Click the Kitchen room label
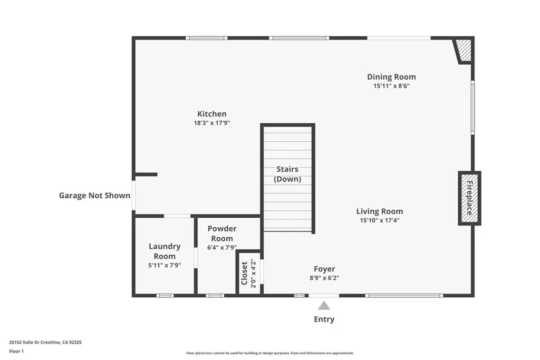click(x=211, y=114)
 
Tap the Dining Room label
click(x=391, y=77)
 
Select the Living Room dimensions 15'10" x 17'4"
click(x=379, y=220)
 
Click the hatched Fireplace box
click(x=469, y=198)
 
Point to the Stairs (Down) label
click(x=287, y=174)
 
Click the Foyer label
click(x=324, y=269)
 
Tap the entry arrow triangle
click(x=324, y=306)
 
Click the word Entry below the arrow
click(x=324, y=319)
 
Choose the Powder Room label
click(x=222, y=233)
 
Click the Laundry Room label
click(x=165, y=251)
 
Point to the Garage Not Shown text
click(x=94, y=196)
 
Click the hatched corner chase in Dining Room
click(x=464, y=51)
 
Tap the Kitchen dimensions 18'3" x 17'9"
click(x=211, y=123)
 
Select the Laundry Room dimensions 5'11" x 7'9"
click(x=165, y=266)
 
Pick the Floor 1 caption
click(x=16, y=351)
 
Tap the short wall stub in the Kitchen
click(x=146, y=174)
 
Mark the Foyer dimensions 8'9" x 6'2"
click(x=324, y=278)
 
